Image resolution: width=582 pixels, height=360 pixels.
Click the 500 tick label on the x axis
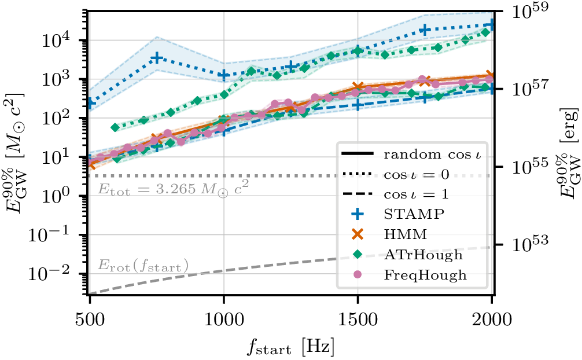[x=90, y=319]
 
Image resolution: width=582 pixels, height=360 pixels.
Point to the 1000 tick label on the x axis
[x=223, y=319]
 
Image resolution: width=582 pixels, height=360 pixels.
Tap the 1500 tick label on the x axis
[x=358, y=319]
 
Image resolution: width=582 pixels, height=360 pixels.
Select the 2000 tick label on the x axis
[x=491, y=319]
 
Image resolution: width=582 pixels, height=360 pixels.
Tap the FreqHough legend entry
[x=424, y=275]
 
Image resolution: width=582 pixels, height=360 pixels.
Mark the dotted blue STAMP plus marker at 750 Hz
[x=157, y=58]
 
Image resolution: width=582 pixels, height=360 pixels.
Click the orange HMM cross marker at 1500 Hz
[x=358, y=87]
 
